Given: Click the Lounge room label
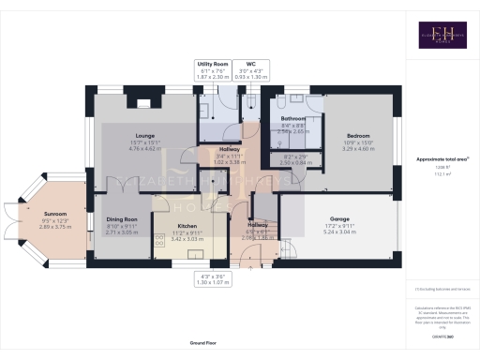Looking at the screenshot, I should tap(144, 135).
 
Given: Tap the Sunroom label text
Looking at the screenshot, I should tap(40, 213).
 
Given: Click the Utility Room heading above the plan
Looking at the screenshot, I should tap(213, 65).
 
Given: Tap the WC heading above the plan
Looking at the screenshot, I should tap(250, 65).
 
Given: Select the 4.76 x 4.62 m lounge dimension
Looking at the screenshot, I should tap(144, 148).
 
